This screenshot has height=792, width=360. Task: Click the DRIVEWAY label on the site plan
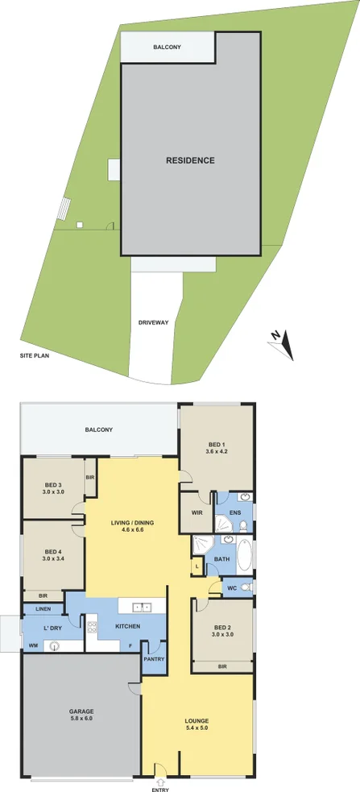click(x=153, y=322)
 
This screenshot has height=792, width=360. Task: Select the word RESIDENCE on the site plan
click(x=190, y=160)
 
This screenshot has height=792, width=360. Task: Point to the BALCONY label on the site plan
click(x=168, y=48)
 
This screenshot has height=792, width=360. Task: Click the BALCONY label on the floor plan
click(x=98, y=430)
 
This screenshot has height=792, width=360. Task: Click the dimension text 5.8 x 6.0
click(x=81, y=719)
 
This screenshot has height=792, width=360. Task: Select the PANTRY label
click(x=154, y=660)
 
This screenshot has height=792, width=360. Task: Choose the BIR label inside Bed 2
click(x=221, y=667)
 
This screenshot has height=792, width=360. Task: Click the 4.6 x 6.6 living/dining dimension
click(x=132, y=531)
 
